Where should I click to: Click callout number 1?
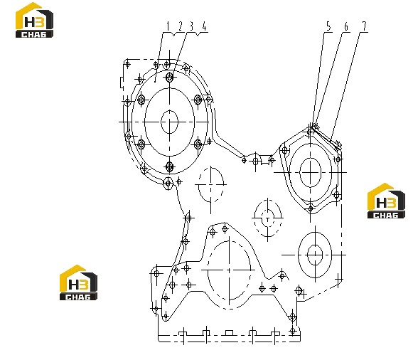(x=168, y=26)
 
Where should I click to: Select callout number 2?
(x=180, y=26)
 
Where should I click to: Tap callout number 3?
(x=191, y=26)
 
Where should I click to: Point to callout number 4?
(x=204, y=26)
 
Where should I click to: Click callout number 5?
(x=328, y=26)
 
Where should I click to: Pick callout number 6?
(x=346, y=26)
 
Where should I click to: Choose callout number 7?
(x=364, y=26)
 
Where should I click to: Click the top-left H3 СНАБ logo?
(x=34, y=20)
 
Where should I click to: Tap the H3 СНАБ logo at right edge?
(x=386, y=201)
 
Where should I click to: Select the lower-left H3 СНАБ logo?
(x=78, y=282)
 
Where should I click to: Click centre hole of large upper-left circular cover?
(x=170, y=122)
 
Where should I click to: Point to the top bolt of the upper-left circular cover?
(x=170, y=78)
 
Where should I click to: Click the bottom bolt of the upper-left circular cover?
(x=170, y=166)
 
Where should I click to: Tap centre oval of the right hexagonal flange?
(x=311, y=172)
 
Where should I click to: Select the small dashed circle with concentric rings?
(x=267, y=218)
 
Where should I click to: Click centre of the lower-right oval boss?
(x=315, y=255)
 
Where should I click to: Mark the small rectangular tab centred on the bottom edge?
(x=229, y=332)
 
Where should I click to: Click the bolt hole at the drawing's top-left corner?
(x=127, y=64)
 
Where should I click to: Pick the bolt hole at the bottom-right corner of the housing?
(x=293, y=331)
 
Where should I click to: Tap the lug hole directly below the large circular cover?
(x=168, y=183)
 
